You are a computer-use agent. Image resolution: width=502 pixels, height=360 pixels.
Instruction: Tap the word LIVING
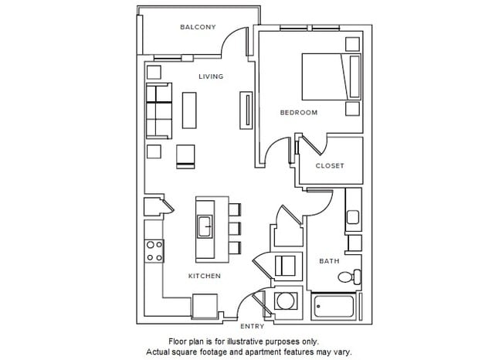coord(211,76)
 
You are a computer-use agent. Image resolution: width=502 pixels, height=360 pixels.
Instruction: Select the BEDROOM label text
coord(298,113)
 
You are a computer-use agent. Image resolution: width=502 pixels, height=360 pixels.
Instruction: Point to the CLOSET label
coord(330,166)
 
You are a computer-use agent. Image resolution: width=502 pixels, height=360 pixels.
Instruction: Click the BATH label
coord(330,261)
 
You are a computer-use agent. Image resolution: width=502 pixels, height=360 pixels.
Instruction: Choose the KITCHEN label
coord(205,276)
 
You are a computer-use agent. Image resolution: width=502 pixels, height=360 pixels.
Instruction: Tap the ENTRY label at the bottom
coord(252,326)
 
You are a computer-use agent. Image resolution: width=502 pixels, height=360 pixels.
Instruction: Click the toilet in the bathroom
coord(353,275)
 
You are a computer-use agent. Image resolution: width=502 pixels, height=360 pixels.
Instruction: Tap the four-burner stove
coord(154,250)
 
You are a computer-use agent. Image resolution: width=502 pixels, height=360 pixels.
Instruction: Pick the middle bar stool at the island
coord(235,228)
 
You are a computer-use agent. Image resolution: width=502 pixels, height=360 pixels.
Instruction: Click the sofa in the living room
coord(159,110)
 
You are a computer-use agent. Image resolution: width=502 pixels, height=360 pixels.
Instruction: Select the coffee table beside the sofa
coord(189,110)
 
